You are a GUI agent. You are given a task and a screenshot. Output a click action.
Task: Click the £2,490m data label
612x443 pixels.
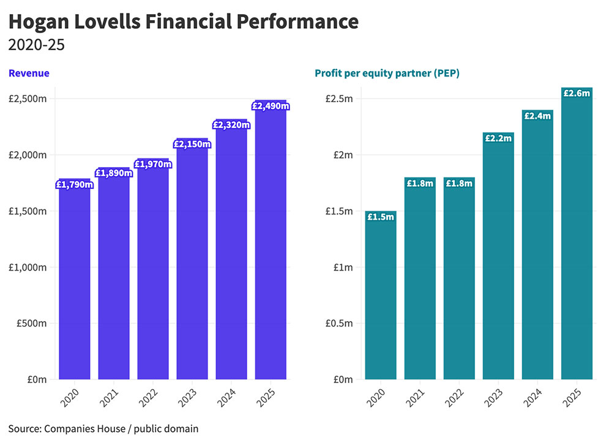pyautogui.click(x=271, y=106)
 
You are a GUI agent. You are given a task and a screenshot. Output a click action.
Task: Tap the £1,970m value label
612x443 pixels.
pyautogui.click(x=152, y=164)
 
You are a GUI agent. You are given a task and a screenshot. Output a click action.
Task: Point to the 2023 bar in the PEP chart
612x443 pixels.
pyautogui.click(x=498, y=263)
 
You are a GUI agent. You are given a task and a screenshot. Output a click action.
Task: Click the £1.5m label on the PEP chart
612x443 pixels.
pyautogui.click(x=381, y=217)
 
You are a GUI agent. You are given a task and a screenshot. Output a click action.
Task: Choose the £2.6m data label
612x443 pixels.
pyautogui.click(x=577, y=93)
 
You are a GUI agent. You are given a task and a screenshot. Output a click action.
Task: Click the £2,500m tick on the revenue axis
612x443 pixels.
pyautogui.click(x=28, y=99)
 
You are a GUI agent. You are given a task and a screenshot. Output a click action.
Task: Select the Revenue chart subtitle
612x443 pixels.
pyautogui.click(x=29, y=73)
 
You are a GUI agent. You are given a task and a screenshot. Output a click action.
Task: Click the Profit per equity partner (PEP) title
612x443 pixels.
pyautogui.click(x=387, y=73)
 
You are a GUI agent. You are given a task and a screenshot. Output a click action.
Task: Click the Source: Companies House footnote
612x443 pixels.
pyautogui.click(x=103, y=429)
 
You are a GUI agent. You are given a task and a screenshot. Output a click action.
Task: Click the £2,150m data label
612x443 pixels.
pyautogui.click(x=192, y=144)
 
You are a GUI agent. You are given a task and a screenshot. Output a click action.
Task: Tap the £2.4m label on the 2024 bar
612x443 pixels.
pyautogui.click(x=537, y=116)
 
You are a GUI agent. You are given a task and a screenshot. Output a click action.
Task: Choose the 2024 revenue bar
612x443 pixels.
pyautogui.click(x=231, y=257)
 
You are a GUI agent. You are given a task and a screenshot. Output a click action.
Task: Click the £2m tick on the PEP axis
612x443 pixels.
pyautogui.click(x=341, y=155)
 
